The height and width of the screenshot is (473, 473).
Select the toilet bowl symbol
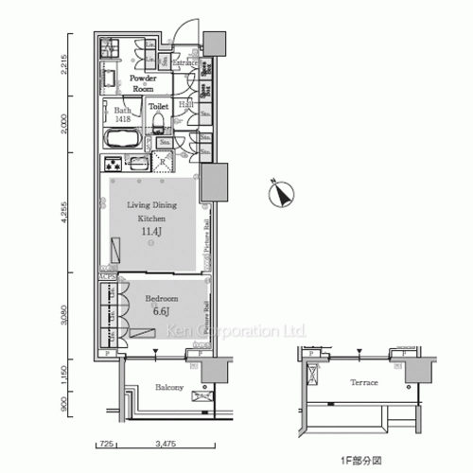[159, 123]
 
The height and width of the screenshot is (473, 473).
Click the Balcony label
[157, 388]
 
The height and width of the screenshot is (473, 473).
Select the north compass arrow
[279, 194]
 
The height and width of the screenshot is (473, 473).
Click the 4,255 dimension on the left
[65, 217]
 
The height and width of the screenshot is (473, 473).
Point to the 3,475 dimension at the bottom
[165, 443]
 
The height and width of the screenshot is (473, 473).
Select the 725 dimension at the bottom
[106, 443]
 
